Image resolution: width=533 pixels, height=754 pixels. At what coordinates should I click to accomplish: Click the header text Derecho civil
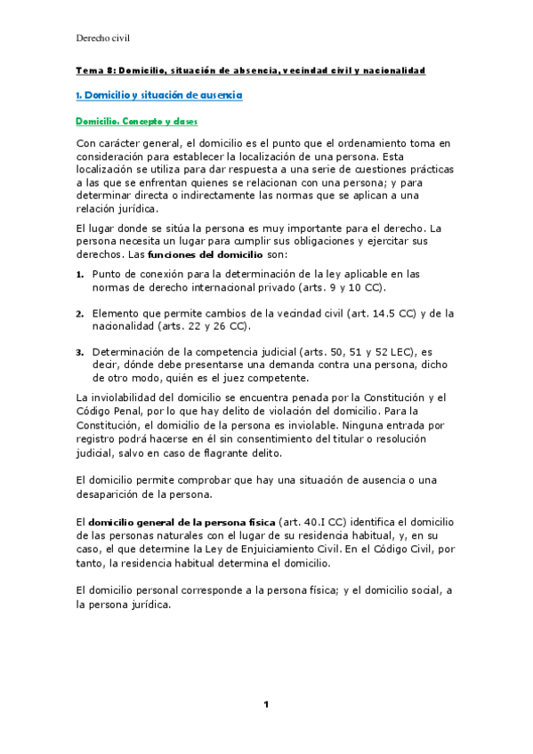coord(104,38)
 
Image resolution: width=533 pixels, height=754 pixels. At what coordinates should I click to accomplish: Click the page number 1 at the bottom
coord(265,704)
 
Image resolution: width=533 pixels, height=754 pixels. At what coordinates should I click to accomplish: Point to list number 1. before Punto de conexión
coord(79,274)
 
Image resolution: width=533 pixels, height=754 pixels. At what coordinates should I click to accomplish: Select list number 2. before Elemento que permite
coord(79,313)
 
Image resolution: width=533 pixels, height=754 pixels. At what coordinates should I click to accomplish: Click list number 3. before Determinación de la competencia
coord(79,352)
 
